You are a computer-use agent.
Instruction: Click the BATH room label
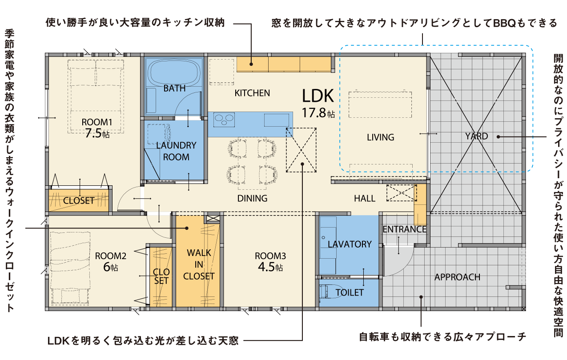pos(174,88)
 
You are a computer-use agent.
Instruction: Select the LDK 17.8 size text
pos(318,112)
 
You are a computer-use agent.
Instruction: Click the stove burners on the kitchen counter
pos(224,120)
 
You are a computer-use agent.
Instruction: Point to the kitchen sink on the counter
pos(277,120)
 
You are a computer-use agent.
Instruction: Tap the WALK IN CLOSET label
pos(199,264)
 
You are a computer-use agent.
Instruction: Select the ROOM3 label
pos(270,256)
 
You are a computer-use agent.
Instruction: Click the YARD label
pos(476,136)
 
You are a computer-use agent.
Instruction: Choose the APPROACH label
pos(457,277)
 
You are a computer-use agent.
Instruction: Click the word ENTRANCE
pos(404,229)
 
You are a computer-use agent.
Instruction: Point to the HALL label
pos(365,198)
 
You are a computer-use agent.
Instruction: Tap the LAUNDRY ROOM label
pos(176,151)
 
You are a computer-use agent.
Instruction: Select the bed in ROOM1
pos(96,96)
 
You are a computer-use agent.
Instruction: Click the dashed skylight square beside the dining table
pos(301,150)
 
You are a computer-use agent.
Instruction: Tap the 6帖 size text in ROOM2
pos(111,267)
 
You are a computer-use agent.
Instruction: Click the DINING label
pos(252,198)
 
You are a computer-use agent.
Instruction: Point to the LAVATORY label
pos(350,244)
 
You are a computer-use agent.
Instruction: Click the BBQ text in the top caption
pos(504,23)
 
